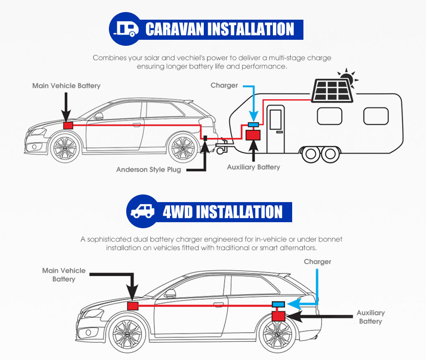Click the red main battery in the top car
click(68, 125)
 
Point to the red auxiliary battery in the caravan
click(253, 135)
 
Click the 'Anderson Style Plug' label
click(148, 170)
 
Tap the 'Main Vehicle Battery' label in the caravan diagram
click(66, 86)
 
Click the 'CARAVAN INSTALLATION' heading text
click(219, 29)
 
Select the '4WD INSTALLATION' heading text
click(223, 212)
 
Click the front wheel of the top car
click(65, 147)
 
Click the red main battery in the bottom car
click(133, 306)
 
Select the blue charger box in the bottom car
click(279, 304)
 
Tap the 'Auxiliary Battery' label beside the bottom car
click(371, 317)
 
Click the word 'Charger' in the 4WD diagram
click(317, 262)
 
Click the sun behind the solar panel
click(347, 78)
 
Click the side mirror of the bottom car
click(170, 293)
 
